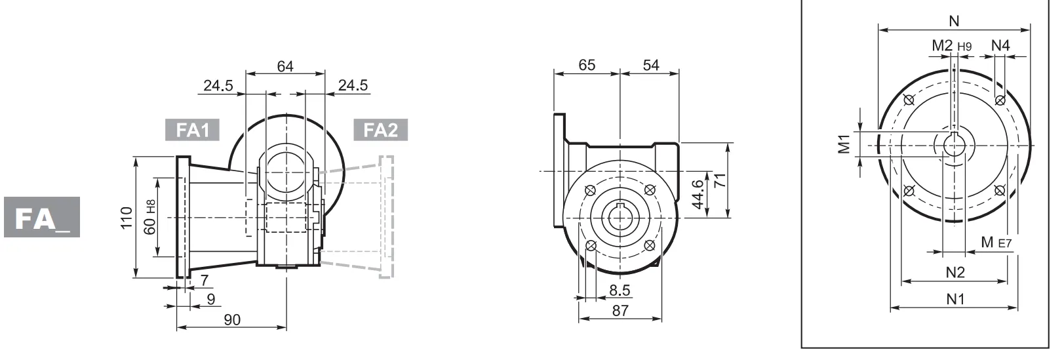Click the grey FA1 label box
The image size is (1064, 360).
click(192, 130)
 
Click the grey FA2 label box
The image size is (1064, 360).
click(380, 130)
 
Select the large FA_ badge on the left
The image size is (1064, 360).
click(42, 217)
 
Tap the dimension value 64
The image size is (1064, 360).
click(285, 66)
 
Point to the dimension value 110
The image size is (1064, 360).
click(127, 218)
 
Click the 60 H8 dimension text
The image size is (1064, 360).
click(150, 217)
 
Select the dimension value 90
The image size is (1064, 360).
click(232, 319)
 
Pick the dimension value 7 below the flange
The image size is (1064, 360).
click(205, 281)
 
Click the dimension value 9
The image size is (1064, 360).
click(210, 300)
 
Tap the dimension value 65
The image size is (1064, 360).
click(587, 65)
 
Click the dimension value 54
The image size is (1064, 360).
click(650, 65)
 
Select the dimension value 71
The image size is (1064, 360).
click(720, 181)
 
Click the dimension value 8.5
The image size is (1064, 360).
click(620, 290)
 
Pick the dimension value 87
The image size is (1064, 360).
click(620, 310)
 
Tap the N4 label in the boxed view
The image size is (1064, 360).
click(1000, 45)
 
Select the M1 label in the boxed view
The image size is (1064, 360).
click(844, 143)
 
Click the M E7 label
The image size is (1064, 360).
click(996, 243)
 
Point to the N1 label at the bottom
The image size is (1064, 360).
click(955, 299)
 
